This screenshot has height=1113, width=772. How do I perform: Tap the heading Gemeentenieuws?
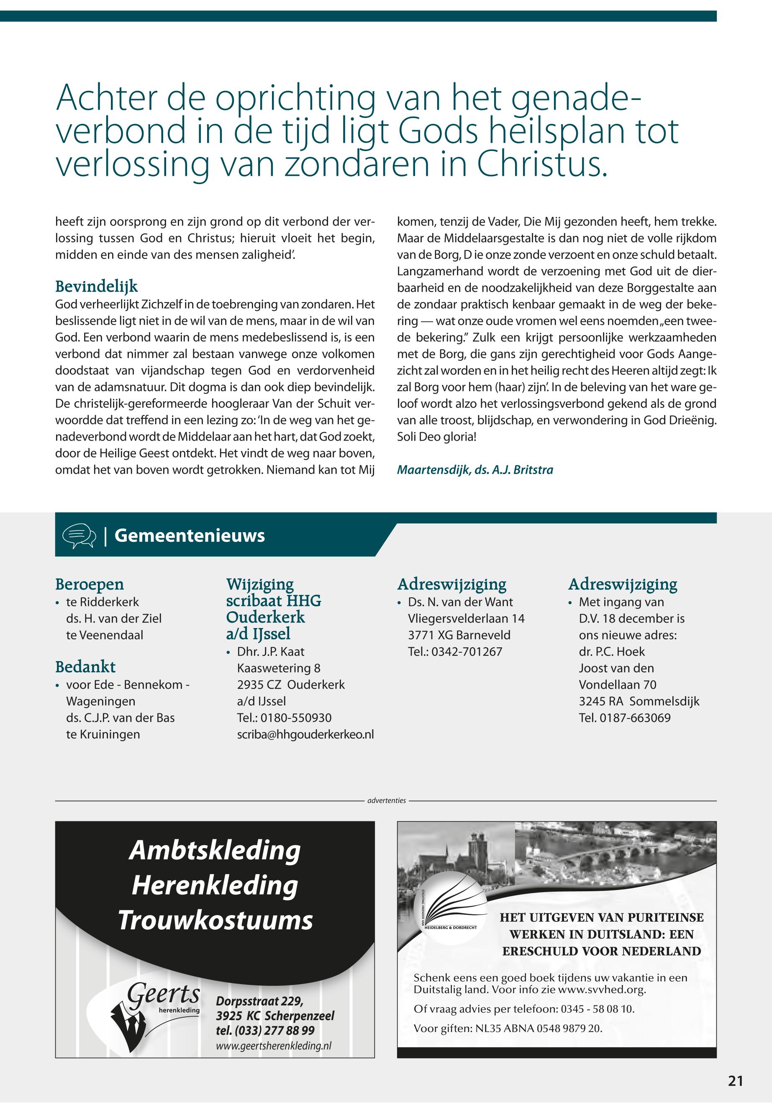click(x=190, y=536)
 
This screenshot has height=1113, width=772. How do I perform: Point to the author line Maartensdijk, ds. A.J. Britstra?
click(x=474, y=469)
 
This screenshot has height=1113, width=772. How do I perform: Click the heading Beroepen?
click(x=90, y=584)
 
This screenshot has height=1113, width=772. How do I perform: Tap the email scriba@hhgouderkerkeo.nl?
click(x=305, y=734)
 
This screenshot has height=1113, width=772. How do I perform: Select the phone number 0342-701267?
click(x=467, y=651)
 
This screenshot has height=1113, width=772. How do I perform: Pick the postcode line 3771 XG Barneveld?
click(x=459, y=635)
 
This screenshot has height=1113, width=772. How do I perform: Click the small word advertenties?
click(x=387, y=800)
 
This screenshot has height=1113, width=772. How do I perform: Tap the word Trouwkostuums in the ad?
click(x=216, y=921)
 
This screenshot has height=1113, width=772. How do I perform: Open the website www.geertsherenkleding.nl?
click(x=274, y=1044)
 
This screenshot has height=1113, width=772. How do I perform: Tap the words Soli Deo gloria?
click(x=437, y=436)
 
